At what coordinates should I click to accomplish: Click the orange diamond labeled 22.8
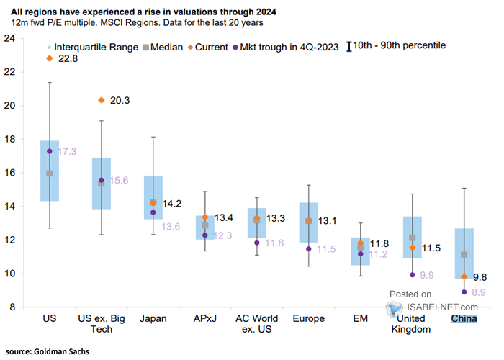coord(50,58)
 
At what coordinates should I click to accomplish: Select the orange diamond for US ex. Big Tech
coord(102,100)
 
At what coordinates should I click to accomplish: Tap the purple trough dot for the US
coord(50,151)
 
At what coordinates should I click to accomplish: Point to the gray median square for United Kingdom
coord(413,238)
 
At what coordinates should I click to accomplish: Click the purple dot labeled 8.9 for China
coord(464,292)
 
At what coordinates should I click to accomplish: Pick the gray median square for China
coord(464,255)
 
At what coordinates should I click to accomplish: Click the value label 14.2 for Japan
coord(172,204)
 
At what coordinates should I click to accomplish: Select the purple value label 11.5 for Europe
coord(326,249)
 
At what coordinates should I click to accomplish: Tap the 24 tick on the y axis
coord(9,38)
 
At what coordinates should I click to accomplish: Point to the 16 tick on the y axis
coord(9,173)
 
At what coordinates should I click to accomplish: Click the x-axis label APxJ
coord(205,318)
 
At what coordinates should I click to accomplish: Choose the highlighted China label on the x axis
coord(464,318)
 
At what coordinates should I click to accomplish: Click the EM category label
coord(360,318)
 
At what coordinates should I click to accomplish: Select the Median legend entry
coord(163,48)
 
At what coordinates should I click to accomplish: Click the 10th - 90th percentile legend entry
coord(396,46)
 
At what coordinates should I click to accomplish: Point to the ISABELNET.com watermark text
coord(442,307)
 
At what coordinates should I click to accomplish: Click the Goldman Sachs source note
coord(48,351)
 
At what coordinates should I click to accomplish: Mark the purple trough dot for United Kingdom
coord(413,275)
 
